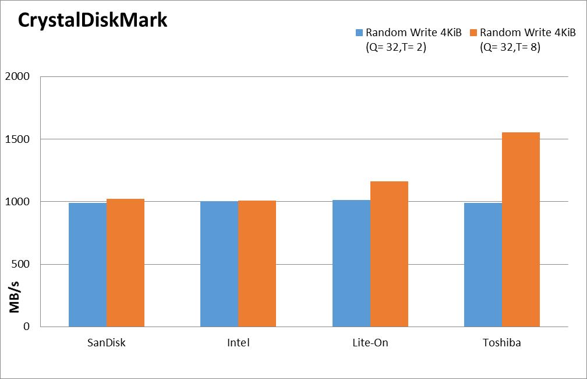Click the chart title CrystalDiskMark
click(x=93, y=20)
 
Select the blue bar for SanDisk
click(x=87, y=265)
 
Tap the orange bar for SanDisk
click(x=125, y=263)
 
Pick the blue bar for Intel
click(x=220, y=264)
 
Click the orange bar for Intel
click(x=257, y=264)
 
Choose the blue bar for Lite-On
click(x=352, y=263)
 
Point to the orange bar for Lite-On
click(x=390, y=254)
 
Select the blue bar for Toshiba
click(x=483, y=265)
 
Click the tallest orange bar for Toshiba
click(x=521, y=229)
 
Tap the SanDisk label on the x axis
click(x=107, y=343)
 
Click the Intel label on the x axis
click(x=238, y=343)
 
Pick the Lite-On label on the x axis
click(x=370, y=343)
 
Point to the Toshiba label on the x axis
click(x=501, y=343)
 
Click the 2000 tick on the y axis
click(x=17, y=76)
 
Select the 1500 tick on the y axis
click(x=17, y=139)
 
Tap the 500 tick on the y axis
click(x=20, y=264)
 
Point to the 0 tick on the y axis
click(x=26, y=327)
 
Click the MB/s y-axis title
click(x=14, y=297)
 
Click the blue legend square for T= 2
click(x=359, y=33)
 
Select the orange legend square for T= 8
click(x=473, y=33)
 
